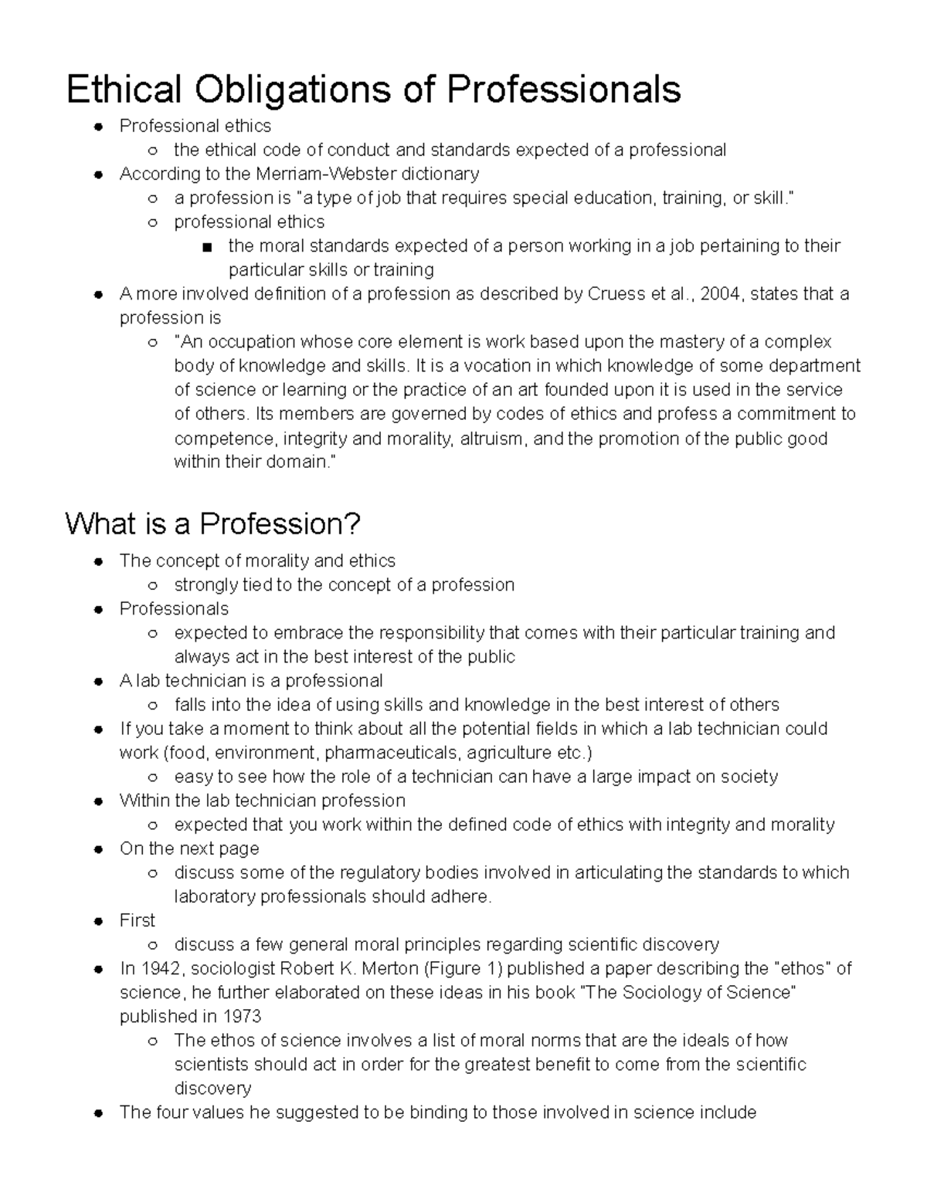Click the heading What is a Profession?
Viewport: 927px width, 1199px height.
coord(212,524)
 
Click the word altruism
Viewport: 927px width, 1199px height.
coord(494,439)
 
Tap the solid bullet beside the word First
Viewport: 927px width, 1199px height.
coord(97,921)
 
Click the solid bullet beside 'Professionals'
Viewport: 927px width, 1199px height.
coord(97,609)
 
